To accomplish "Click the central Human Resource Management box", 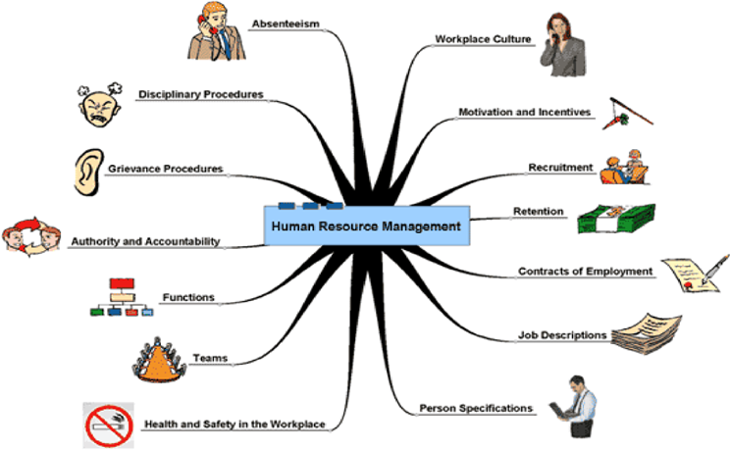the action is point(367,225).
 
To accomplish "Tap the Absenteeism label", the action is point(286,24).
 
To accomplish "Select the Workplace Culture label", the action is point(483,39).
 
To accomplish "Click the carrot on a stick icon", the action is point(627,114).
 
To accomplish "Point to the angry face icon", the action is point(100,105).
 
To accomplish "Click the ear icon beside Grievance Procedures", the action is point(88,173).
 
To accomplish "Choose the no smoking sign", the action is point(109,425).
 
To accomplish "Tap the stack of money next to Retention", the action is point(616,219).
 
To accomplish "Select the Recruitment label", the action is point(560,167).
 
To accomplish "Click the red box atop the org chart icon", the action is point(122,283).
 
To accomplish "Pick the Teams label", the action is point(210,358).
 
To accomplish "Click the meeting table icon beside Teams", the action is point(159,360).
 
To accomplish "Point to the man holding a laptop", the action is point(574,406).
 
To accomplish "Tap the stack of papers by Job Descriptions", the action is point(647,333).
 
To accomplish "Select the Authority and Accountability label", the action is point(145,241).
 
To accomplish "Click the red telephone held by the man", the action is point(206,25).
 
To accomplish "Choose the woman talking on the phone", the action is point(562,45).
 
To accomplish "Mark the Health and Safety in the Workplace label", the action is point(235,424).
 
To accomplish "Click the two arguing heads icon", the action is point(31,236).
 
